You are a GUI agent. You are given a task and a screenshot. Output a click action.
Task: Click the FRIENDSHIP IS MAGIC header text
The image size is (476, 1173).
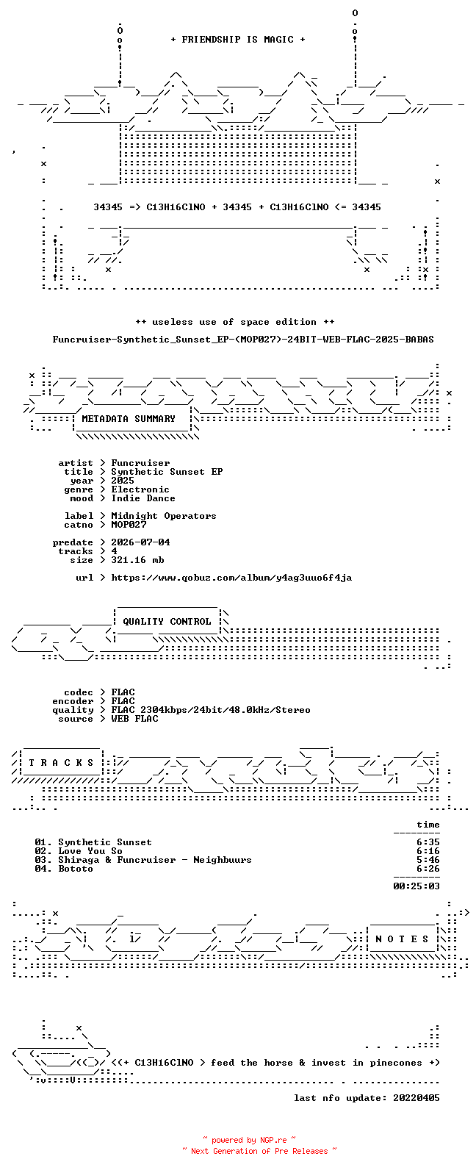coord(238,40)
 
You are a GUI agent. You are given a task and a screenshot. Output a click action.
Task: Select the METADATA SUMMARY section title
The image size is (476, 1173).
coord(129,419)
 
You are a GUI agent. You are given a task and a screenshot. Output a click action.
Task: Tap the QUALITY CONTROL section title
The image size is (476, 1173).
coord(167,622)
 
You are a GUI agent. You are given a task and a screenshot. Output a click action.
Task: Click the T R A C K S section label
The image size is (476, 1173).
coord(61,762)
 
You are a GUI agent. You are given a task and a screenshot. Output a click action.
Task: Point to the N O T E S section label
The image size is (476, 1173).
coord(402,939)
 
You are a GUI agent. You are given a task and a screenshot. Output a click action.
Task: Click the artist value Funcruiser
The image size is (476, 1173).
coord(140,463)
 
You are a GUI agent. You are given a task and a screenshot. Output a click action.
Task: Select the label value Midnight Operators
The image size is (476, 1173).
coord(163,516)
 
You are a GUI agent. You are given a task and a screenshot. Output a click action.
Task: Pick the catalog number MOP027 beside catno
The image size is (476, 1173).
coord(129,525)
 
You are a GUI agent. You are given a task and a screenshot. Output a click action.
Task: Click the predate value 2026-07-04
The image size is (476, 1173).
coord(140,542)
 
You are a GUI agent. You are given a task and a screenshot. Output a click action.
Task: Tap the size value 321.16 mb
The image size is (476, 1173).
coord(137,560)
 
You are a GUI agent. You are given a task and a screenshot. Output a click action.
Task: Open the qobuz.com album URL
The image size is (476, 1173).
coord(231,578)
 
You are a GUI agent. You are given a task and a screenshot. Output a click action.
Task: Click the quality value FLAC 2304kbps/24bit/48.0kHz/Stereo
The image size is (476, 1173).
coord(211,710)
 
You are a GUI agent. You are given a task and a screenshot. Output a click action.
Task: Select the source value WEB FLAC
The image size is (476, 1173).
coord(134,719)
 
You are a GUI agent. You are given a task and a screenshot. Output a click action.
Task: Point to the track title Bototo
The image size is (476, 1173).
coord(76,869)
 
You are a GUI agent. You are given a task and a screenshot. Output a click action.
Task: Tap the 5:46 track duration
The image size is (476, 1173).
coord(428,861)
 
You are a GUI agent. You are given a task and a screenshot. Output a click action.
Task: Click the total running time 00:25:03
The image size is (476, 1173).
coord(416,886)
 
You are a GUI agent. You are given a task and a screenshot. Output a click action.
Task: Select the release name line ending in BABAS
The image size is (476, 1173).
coord(243,340)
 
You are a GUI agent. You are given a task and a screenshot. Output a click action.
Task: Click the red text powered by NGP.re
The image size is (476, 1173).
coord(249,1141)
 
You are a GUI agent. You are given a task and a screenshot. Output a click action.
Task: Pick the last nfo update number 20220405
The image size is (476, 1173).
coord(416,1098)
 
